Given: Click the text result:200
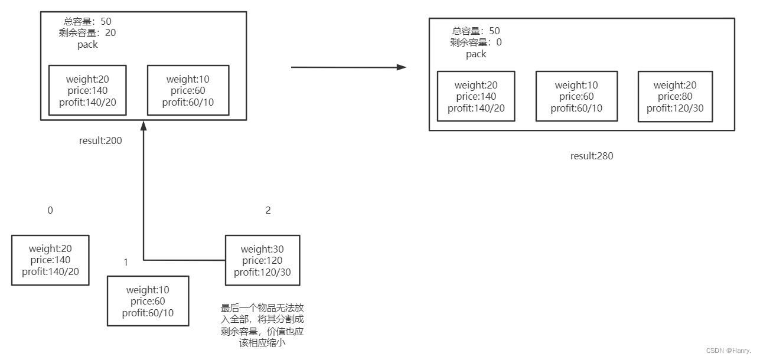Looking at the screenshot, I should click(100, 141).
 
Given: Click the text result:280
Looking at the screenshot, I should click(592, 156).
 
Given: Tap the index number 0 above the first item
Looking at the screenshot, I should click(50, 210).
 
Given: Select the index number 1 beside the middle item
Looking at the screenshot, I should click(125, 262).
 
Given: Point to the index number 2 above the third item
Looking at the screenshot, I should click(268, 210).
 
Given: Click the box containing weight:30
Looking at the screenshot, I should click(262, 260).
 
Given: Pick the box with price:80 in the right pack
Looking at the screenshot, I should click(675, 97).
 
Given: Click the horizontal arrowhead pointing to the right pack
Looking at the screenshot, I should click(402, 67).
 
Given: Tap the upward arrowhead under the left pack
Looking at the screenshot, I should click(143, 125).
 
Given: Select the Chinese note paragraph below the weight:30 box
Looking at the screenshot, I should click(262, 325).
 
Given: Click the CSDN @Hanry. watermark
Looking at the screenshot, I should click(728, 351).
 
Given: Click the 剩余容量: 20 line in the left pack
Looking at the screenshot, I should click(87, 33).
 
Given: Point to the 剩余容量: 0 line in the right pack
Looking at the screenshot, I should click(476, 42).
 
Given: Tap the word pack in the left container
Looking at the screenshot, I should click(87, 45).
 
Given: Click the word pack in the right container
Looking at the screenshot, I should click(476, 54).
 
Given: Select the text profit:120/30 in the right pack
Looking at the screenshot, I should click(675, 109).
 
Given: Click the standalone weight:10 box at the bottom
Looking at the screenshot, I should click(148, 301).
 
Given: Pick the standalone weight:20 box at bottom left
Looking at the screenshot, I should click(50, 260).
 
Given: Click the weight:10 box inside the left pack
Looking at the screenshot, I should click(188, 90).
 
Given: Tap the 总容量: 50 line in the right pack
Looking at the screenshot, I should click(476, 31).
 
